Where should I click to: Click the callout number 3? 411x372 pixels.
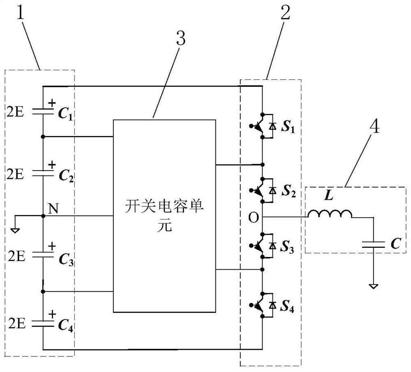tap(180, 40)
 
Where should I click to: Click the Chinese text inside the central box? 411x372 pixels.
tap(164, 215)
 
